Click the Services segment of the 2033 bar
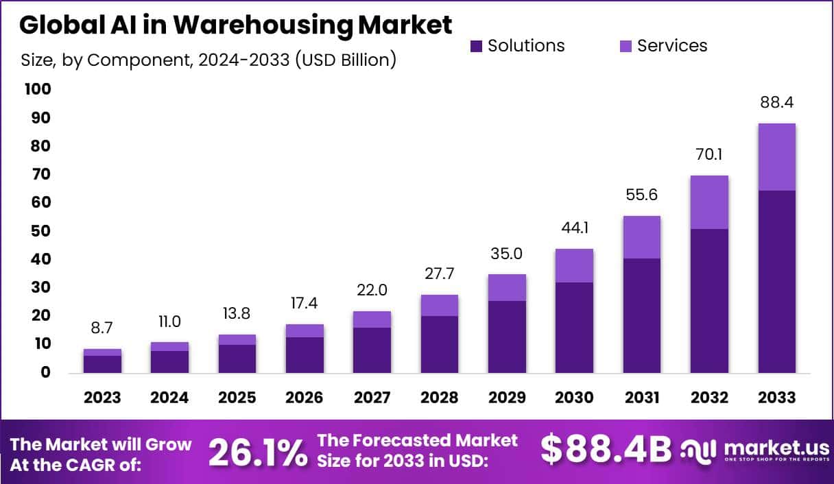[776, 157]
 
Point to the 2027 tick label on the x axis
[372, 398]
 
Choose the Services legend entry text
[671, 46]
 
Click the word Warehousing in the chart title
[263, 25]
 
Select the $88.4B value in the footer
[605, 450]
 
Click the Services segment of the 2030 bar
[574, 265]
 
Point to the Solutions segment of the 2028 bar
[440, 344]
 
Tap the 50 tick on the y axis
[41, 231]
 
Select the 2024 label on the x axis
[169, 398]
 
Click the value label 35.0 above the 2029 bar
[507, 254]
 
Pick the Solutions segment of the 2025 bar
[237, 358]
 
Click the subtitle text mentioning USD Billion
[208, 60]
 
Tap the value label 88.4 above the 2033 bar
[776, 104]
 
